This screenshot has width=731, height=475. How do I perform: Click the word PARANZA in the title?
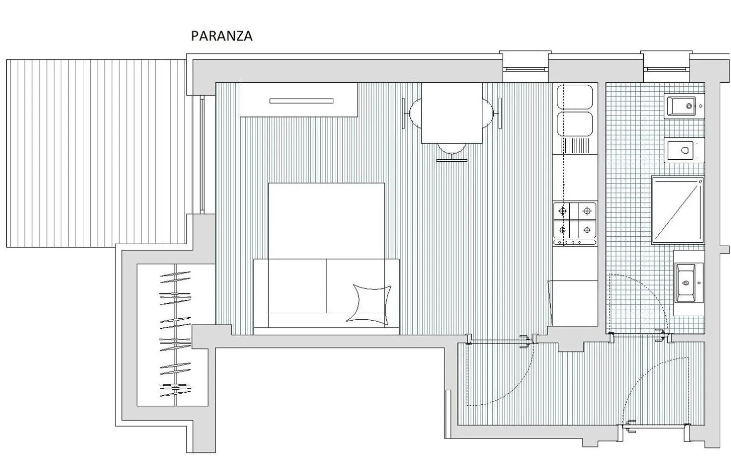click(222, 36)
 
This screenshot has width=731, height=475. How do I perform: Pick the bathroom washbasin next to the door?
click(688, 283)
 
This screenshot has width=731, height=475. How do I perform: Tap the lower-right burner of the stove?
click(586, 229)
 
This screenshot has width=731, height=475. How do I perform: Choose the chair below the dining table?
click(452, 152)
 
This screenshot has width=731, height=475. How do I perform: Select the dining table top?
click(452, 113)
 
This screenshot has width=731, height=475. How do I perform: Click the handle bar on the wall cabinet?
click(301, 101)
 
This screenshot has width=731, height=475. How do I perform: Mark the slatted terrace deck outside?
click(96, 152)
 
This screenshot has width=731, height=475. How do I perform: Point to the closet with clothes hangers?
click(175, 335)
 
